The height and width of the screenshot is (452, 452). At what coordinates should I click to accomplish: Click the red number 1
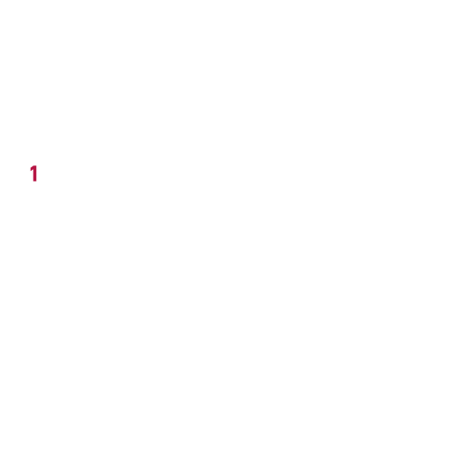[x=34, y=174]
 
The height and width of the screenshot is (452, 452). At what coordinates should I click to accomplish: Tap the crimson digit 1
[x=34, y=174]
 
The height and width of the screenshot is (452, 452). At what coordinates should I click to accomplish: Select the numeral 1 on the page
[x=34, y=174]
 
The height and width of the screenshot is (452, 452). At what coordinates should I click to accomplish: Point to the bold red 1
[x=34, y=174]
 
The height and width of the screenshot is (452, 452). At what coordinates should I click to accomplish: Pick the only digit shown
[x=34, y=174]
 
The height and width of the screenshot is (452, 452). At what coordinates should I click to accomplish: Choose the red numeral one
[x=34, y=174]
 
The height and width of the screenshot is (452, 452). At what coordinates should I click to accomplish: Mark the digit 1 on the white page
[x=34, y=174]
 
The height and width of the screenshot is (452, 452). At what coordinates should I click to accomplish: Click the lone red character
[x=34, y=174]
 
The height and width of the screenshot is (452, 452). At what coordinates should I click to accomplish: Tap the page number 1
[x=34, y=174]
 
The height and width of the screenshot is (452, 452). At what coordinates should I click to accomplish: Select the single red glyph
[x=34, y=174]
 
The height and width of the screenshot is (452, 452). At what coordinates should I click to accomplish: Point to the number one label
[x=34, y=174]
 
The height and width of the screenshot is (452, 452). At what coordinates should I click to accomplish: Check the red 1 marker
[x=34, y=174]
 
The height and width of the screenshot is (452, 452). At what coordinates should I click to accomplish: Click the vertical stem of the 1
[x=35, y=174]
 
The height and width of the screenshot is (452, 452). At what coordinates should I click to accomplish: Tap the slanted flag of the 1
[x=32, y=169]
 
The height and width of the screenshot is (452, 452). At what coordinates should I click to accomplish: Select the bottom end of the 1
[x=35, y=182]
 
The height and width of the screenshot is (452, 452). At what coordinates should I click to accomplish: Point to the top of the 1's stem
[x=35, y=165]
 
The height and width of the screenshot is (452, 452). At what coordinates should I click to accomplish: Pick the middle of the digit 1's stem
[x=35, y=174]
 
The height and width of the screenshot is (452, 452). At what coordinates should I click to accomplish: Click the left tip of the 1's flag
[x=30, y=171]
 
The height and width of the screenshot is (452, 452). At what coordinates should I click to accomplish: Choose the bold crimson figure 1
[x=34, y=174]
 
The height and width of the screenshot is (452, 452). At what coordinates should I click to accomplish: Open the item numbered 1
[x=34, y=174]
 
